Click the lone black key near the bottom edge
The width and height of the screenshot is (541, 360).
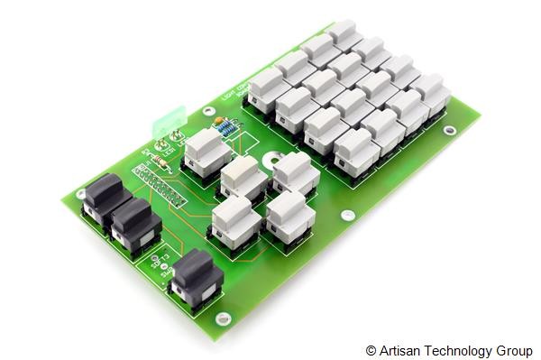196,274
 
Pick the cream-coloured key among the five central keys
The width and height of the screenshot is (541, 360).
242,176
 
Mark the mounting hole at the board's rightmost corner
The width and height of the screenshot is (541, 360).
449,130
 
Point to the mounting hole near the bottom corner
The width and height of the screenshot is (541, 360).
223,317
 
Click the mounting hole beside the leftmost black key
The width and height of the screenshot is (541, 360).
80,193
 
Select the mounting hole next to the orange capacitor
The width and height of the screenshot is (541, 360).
209,111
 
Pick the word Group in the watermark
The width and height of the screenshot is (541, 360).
513,350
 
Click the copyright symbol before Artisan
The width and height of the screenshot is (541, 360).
371,350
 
